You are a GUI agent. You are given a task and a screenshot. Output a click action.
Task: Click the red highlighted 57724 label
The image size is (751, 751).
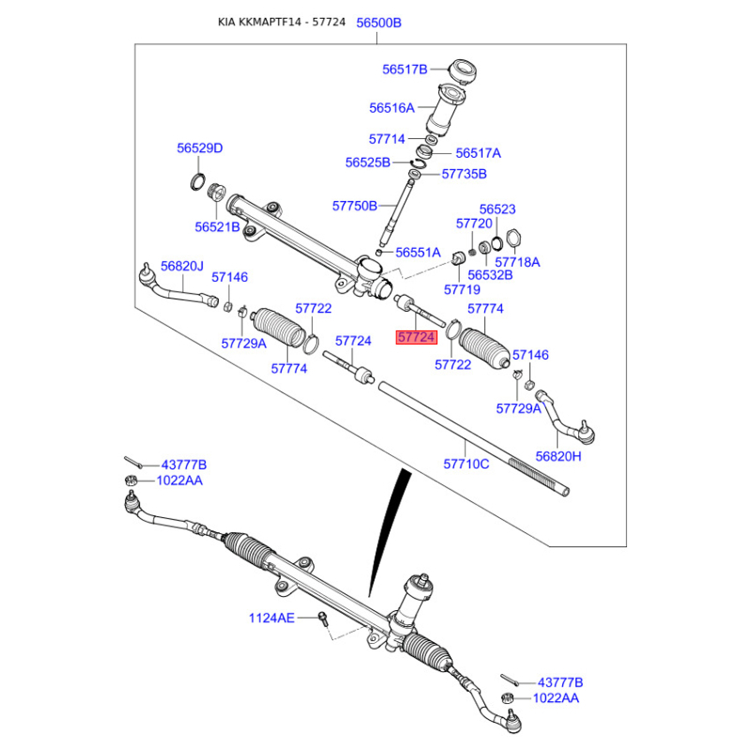click(416, 337)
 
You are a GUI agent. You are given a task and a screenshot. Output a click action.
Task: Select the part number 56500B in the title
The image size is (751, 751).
click(379, 23)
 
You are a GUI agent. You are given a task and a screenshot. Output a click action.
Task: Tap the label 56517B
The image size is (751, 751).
click(405, 69)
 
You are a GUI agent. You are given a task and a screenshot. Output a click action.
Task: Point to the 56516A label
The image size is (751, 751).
click(391, 108)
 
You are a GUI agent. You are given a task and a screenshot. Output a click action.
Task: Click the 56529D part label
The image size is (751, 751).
click(200, 148)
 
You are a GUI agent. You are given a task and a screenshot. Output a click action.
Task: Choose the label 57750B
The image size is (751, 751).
click(355, 206)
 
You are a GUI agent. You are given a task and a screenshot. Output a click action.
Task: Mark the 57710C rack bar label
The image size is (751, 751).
click(466, 464)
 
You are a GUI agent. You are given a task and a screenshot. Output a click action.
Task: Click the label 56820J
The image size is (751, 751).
click(182, 266)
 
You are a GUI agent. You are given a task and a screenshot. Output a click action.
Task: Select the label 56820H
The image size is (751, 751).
click(558, 456)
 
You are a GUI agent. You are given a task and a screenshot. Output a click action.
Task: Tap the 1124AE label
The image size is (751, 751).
click(271, 618)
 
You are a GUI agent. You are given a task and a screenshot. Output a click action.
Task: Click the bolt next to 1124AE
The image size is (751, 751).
click(323, 619)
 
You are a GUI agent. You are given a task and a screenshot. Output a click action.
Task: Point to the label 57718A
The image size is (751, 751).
click(517, 262)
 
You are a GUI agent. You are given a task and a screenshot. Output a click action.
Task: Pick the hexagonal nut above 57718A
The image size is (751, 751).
click(513, 238)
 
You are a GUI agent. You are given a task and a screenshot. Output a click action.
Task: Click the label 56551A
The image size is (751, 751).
click(418, 253)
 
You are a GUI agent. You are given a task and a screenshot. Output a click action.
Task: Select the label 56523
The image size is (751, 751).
click(498, 208)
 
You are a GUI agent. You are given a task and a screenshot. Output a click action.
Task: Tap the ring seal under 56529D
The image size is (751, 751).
click(198, 182)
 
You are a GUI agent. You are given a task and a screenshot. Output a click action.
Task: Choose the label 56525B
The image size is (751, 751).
click(368, 162)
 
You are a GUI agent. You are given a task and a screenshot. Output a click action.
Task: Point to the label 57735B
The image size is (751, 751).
click(464, 174)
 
